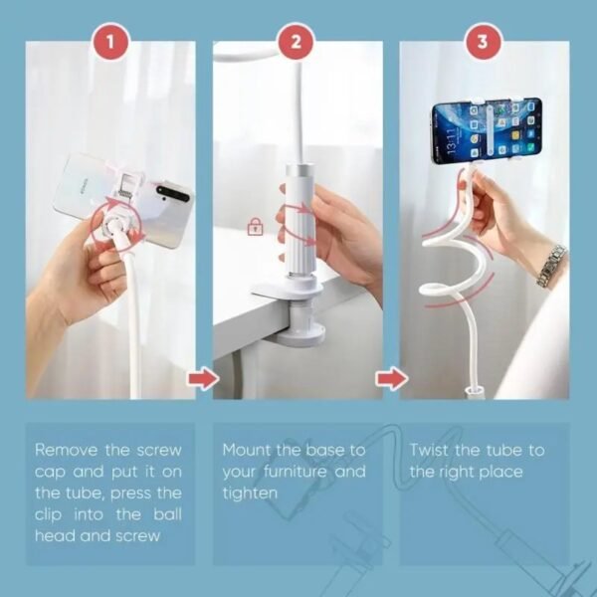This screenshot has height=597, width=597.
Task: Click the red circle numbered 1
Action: click(x=110, y=42)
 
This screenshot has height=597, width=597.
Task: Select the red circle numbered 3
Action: click(x=483, y=42)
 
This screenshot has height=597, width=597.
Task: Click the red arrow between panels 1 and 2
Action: click(x=202, y=379)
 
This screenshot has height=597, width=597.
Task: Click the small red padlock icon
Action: click(x=255, y=228)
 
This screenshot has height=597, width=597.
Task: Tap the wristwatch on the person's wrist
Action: click(x=551, y=266)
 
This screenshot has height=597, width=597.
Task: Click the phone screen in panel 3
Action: click(x=486, y=130)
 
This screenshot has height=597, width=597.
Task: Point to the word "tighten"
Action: click(x=251, y=494)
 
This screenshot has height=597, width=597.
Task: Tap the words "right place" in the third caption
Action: click(x=483, y=472)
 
